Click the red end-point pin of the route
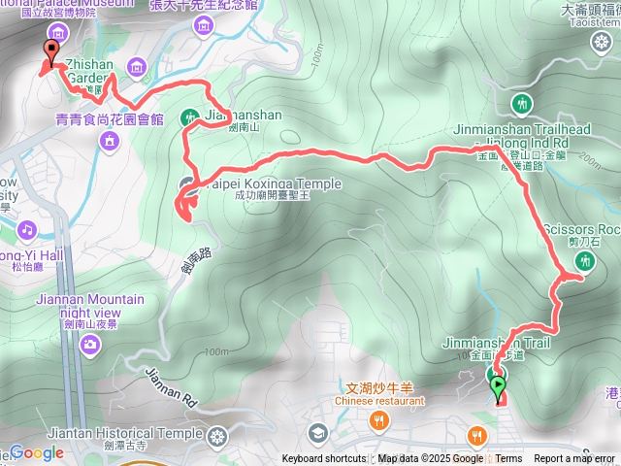tap(49, 54)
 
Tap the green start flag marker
tap(498, 386)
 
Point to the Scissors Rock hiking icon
tap(585, 260)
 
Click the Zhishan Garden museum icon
tap(135, 67)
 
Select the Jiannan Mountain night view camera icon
tap(90, 343)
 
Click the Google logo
tap(36, 452)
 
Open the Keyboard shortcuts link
tap(324, 459)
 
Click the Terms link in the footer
tap(508, 459)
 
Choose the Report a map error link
tap(574, 459)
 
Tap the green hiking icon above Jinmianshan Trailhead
tap(522, 103)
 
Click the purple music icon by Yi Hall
tap(27, 230)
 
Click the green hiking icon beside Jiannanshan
tap(190, 116)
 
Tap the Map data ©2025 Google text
tap(430, 459)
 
